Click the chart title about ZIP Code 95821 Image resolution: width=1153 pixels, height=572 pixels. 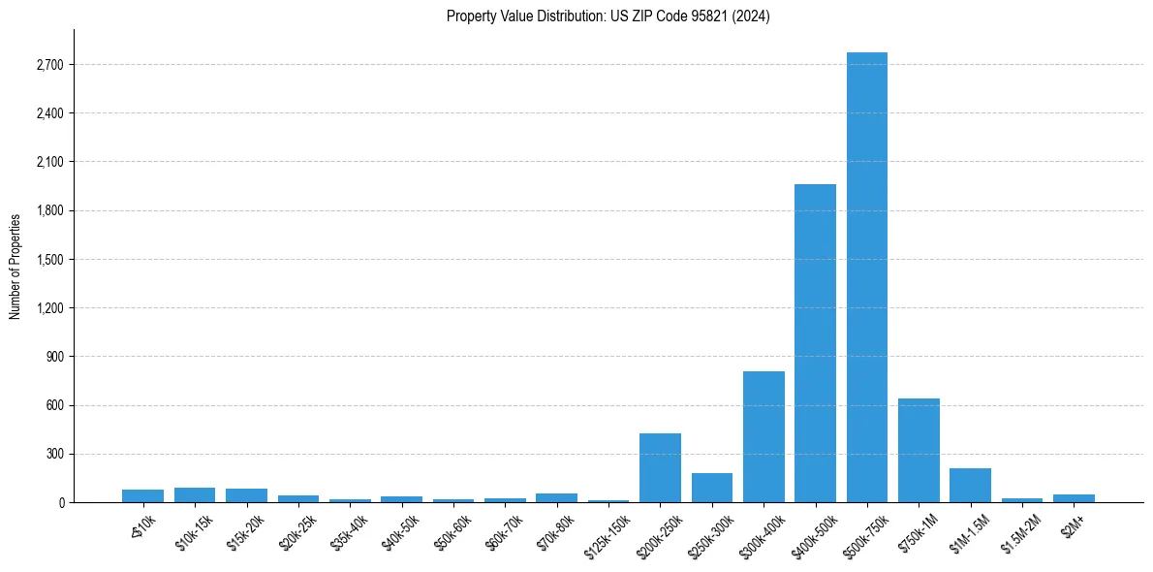608,16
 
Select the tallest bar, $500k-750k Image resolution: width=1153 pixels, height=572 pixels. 866,277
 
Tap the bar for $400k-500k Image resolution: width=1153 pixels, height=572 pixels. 815,343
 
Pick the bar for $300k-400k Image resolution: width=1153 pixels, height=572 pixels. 763,436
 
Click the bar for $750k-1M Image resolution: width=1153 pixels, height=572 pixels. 919,450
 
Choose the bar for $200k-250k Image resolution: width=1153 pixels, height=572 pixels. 660,467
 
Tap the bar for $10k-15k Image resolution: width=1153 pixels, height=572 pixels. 195,494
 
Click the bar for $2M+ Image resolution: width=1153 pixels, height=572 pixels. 1074,498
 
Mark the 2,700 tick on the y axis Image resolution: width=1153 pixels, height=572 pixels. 50,65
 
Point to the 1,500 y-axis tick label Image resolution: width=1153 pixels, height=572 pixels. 50,260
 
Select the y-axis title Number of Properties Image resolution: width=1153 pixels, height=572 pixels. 16,267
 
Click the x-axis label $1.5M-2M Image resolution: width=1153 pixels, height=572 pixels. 1021,531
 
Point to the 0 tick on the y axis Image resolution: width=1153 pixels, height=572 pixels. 60,502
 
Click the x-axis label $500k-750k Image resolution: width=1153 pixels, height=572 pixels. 865,531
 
